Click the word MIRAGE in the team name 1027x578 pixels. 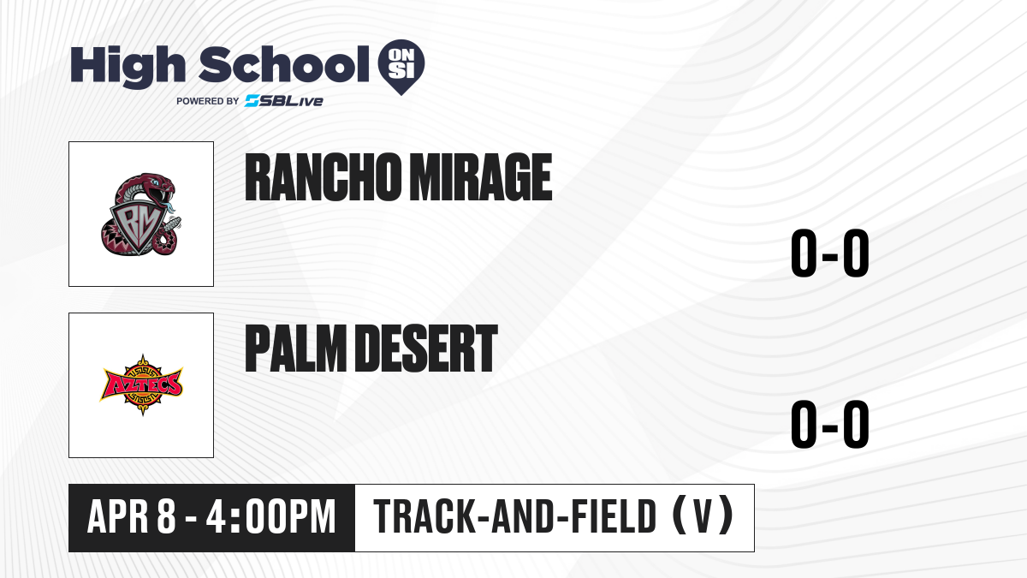point(480,177)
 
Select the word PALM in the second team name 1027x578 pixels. point(296,348)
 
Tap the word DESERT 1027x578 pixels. point(426,348)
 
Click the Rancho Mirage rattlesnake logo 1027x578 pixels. point(141,214)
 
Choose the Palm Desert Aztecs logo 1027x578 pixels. point(141,384)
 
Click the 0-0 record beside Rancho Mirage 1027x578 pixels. point(830,253)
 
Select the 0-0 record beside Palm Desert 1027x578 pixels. point(830,424)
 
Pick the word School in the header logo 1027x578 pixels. point(284,64)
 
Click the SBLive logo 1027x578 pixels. point(284,101)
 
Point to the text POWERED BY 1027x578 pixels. point(208,101)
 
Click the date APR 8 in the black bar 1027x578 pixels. point(132,517)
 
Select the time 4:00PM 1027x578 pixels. point(271,517)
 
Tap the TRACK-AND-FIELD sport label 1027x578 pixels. point(515,517)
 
